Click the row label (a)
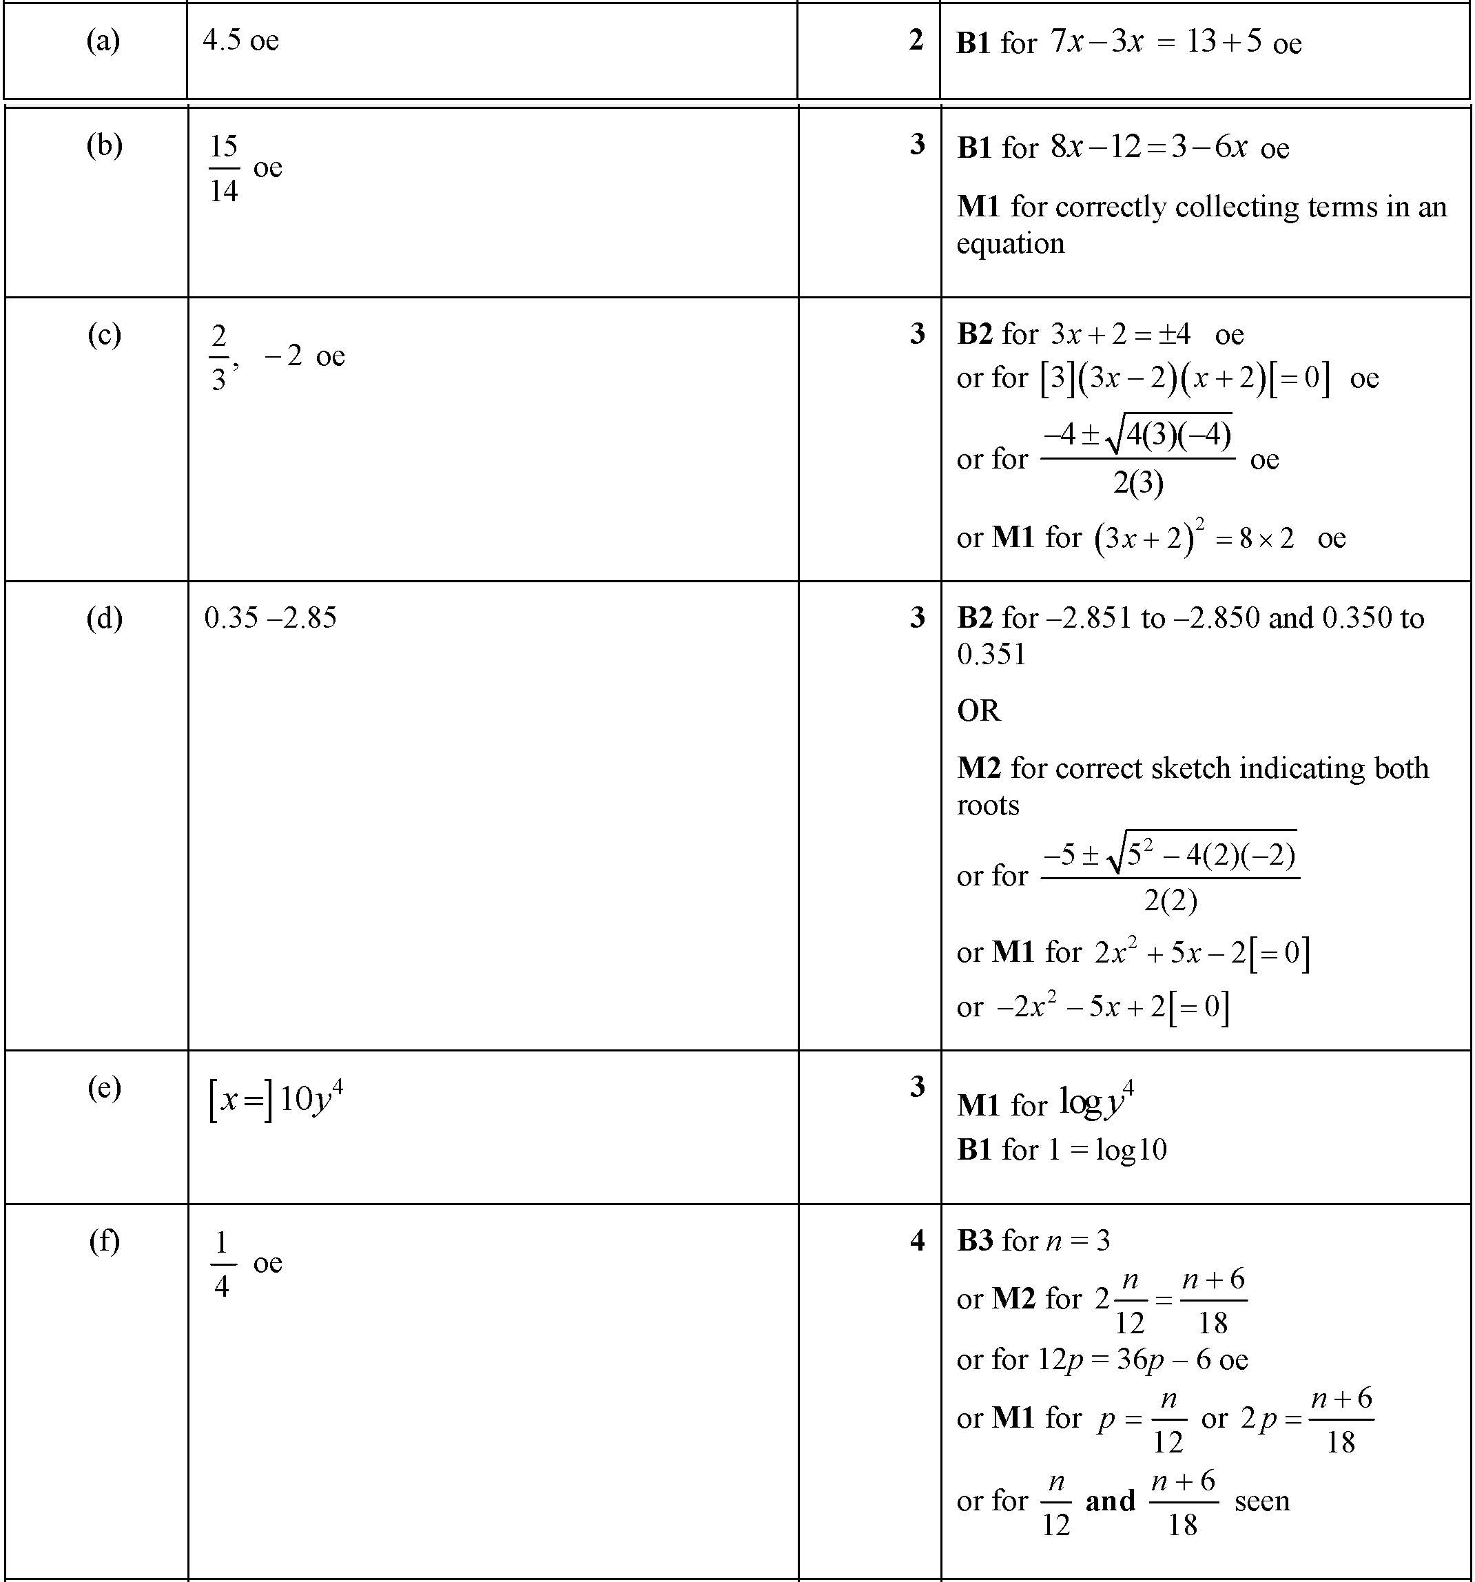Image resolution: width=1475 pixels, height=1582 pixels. tap(103, 41)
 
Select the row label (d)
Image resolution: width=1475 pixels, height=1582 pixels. tap(104, 618)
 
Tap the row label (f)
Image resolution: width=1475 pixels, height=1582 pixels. tap(104, 1241)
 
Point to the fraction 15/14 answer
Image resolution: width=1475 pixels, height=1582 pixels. tap(223, 168)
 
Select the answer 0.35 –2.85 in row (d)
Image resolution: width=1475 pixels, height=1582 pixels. tap(271, 618)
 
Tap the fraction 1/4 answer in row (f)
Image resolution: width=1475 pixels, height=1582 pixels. tap(222, 1264)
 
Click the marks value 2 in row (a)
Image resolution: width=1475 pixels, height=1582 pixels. tap(916, 41)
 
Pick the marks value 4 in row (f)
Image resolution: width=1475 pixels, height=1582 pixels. tap(917, 1241)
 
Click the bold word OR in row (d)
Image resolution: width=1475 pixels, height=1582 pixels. tap(978, 710)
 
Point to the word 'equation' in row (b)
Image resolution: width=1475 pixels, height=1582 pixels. tap(1011, 243)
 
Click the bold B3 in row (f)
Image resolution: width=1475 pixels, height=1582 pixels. tap(975, 1241)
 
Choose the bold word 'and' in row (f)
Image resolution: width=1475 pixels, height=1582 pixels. tap(1110, 1501)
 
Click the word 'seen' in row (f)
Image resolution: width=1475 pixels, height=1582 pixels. tap(1262, 1501)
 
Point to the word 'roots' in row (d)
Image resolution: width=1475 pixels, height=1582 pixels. tap(987, 805)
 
